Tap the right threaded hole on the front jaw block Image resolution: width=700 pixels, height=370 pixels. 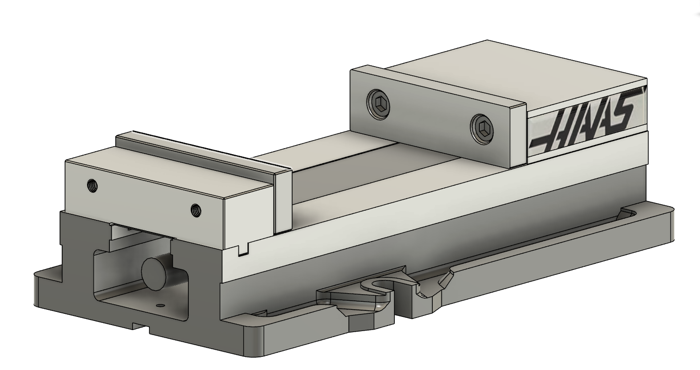[195, 209]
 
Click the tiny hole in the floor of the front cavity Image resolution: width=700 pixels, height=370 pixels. [160, 305]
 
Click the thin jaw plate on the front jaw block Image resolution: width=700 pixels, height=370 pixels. [282, 202]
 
